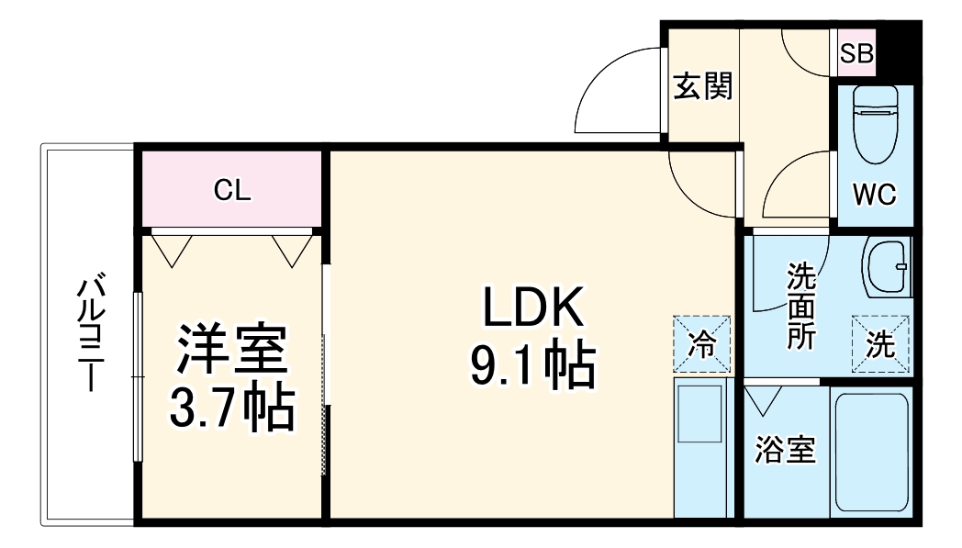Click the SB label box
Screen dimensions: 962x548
coord(856,53)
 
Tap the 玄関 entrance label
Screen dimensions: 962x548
coord(703,86)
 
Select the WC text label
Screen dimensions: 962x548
coord(874,195)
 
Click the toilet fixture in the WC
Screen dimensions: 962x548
coord(876,124)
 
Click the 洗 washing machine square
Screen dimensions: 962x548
coord(879,344)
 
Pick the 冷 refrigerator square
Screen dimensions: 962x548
coord(702,343)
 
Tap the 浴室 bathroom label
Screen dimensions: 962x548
coord(785,450)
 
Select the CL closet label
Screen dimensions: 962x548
coord(232,190)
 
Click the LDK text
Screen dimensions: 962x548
coord(532,307)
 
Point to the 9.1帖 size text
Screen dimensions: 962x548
coord(532,365)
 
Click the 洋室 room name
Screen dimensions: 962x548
coord(232,348)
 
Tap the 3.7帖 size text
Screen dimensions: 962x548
coord(232,407)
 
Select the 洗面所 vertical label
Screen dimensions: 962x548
coord(801,305)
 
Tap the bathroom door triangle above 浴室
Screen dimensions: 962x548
coord(763,400)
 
